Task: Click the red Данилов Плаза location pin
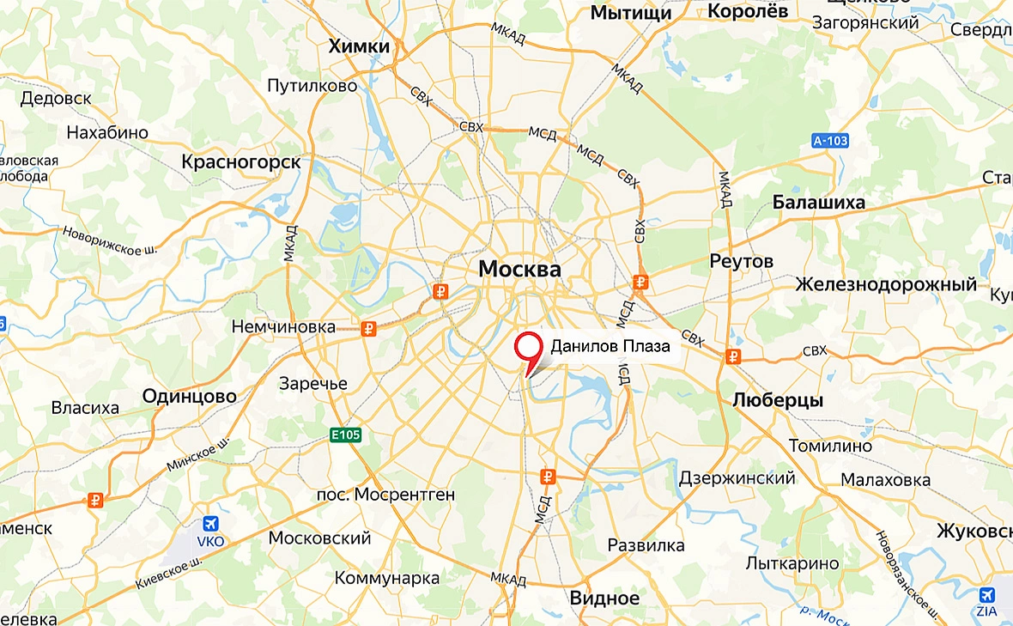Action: (528, 348)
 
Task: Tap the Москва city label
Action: (519, 269)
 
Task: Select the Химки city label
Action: (359, 46)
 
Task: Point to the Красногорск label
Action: (241, 161)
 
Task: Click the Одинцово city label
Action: (190, 396)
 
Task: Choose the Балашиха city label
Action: (819, 203)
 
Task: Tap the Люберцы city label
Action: (778, 400)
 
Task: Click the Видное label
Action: (605, 598)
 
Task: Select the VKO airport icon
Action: (210, 524)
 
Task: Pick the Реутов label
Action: (742, 260)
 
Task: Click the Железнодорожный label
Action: (886, 284)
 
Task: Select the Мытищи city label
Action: (631, 12)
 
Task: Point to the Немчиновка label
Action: (283, 327)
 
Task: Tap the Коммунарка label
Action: (387, 577)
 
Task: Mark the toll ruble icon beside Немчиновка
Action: (369, 327)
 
